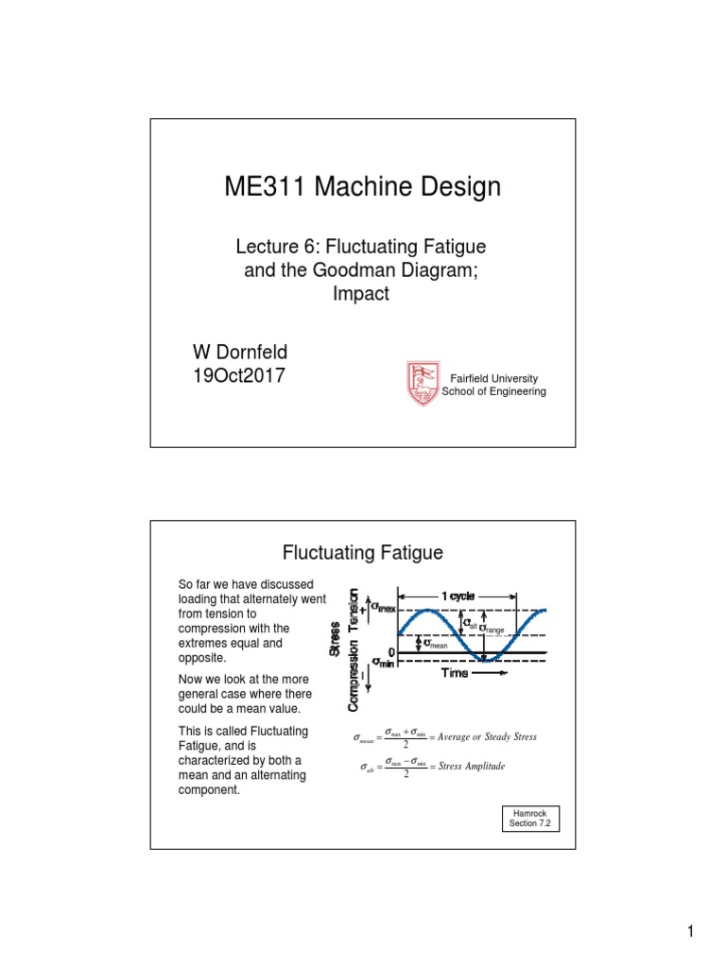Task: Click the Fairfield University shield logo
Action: [x=423, y=384]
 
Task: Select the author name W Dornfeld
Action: [x=240, y=352]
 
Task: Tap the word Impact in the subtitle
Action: [x=360, y=294]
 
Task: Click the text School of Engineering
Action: [x=494, y=391]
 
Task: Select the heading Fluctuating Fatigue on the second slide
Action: [x=363, y=553]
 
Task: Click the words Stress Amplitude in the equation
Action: [x=473, y=767]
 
